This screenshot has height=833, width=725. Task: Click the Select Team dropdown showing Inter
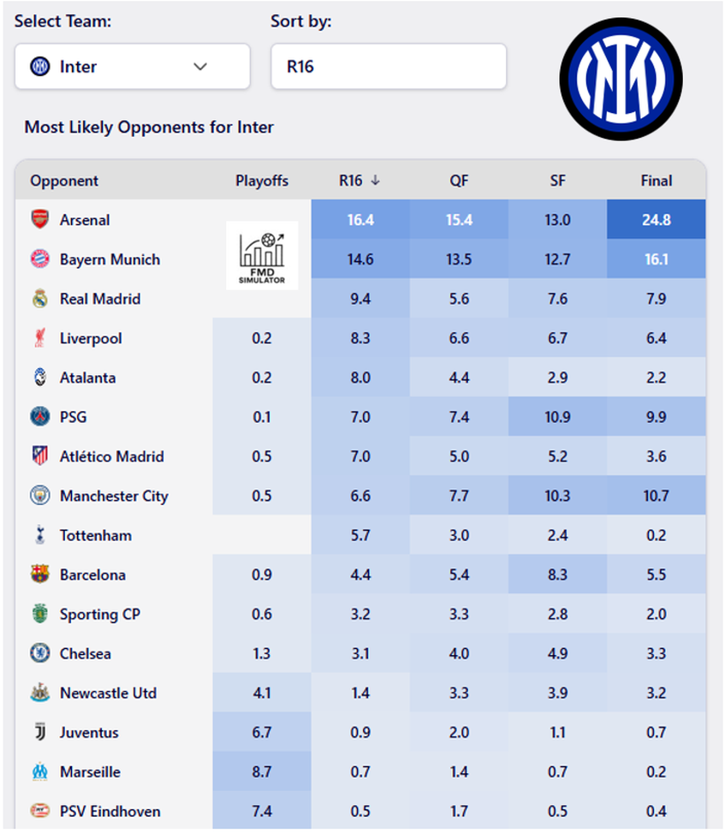tap(132, 67)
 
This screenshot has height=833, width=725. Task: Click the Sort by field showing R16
tap(388, 67)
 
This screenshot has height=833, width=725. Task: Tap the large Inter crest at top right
tap(621, 79)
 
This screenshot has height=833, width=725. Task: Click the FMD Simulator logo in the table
tap(262, 255)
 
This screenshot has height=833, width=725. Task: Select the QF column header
tap(459, 181)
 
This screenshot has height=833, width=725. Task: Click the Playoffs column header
tap(262, 181)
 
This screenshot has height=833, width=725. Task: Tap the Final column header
tap(657, 181)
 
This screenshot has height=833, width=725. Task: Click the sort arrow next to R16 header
tap(375, 181)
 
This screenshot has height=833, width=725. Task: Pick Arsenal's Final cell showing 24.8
tap(657, 220)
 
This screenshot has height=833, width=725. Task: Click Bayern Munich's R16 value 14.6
tap(360, 259)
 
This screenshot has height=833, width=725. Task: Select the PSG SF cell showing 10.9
tap(557, 417)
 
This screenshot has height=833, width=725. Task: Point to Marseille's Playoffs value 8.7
tap(262, 771)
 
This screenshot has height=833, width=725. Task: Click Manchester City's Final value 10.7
tap(657, 496)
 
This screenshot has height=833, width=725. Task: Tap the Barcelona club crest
tap(39, 574)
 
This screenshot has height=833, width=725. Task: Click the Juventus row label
tap(89, 732)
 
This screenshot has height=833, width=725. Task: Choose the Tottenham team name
tap(96, 535)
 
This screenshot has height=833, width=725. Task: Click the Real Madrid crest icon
tap(39, 299)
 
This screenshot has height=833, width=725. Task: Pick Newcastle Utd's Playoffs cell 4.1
tap(262, 693)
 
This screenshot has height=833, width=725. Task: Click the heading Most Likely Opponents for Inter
tap(149, 128)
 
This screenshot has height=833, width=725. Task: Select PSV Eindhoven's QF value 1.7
tap(459, 811)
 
